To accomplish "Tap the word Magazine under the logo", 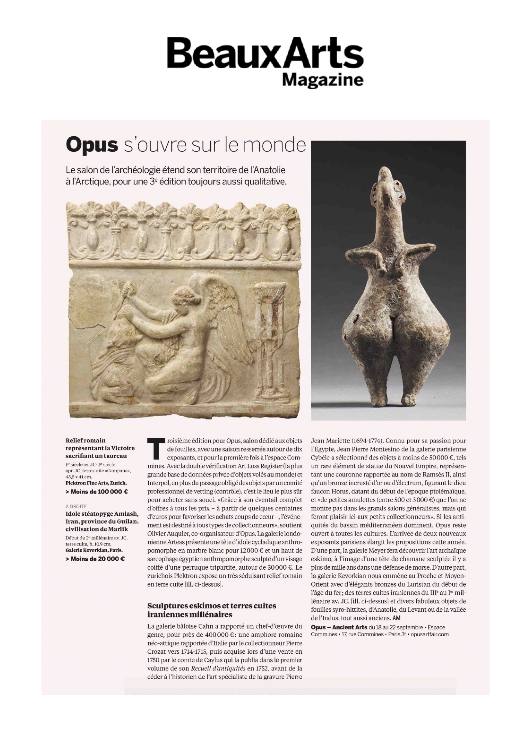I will pos(322,80).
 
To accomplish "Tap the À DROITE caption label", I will pos(76,506).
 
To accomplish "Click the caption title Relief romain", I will pos(86,440).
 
